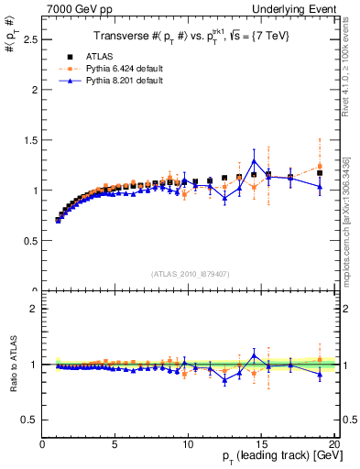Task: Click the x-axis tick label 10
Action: (188, 444)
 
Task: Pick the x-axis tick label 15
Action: (260, 444)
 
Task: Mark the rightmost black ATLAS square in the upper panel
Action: (320, 172)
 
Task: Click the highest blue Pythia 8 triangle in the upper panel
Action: (254, 161)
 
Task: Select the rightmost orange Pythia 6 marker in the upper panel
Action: (320, 166)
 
